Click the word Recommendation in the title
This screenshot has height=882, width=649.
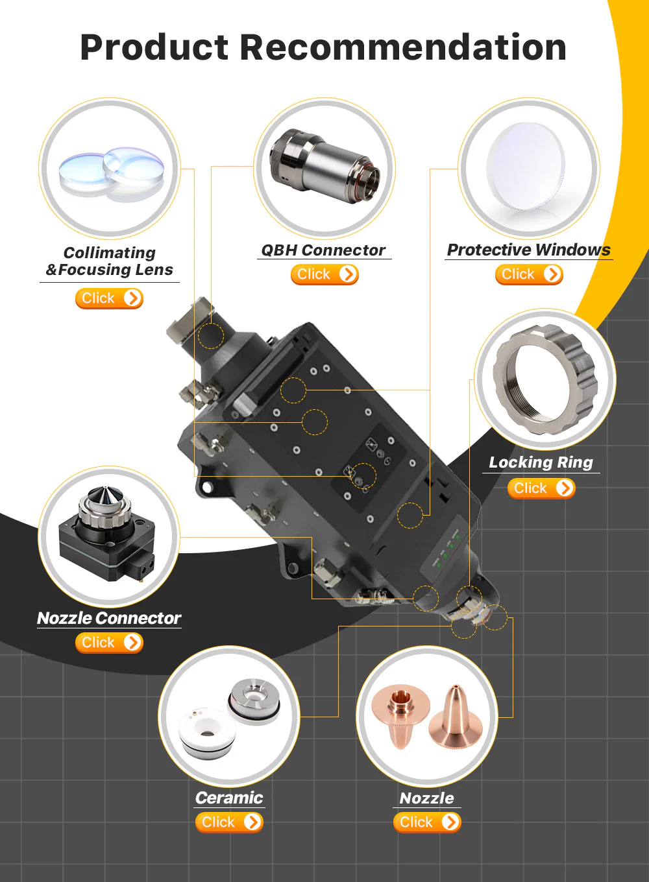pyautogui.click(x=403, y=47)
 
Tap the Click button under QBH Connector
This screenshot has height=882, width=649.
pyautogui.click(x=324, y=274)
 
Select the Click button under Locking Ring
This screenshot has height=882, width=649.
pyautogui.click(x=541, y=488)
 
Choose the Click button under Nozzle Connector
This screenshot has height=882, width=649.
pyautogui.click(x=109, y=643)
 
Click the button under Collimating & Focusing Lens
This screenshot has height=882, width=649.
pyautogui.click(x=109, y=298)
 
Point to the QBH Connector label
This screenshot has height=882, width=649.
pyautogui.click(x=323, y=250)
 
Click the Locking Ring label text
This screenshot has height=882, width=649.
pyautogui.click(x=541, y=462)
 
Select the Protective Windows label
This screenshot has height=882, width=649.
pyautogui.click(x=529, y=250)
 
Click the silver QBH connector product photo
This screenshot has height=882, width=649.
pyautogui.click(x=324, y=165)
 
